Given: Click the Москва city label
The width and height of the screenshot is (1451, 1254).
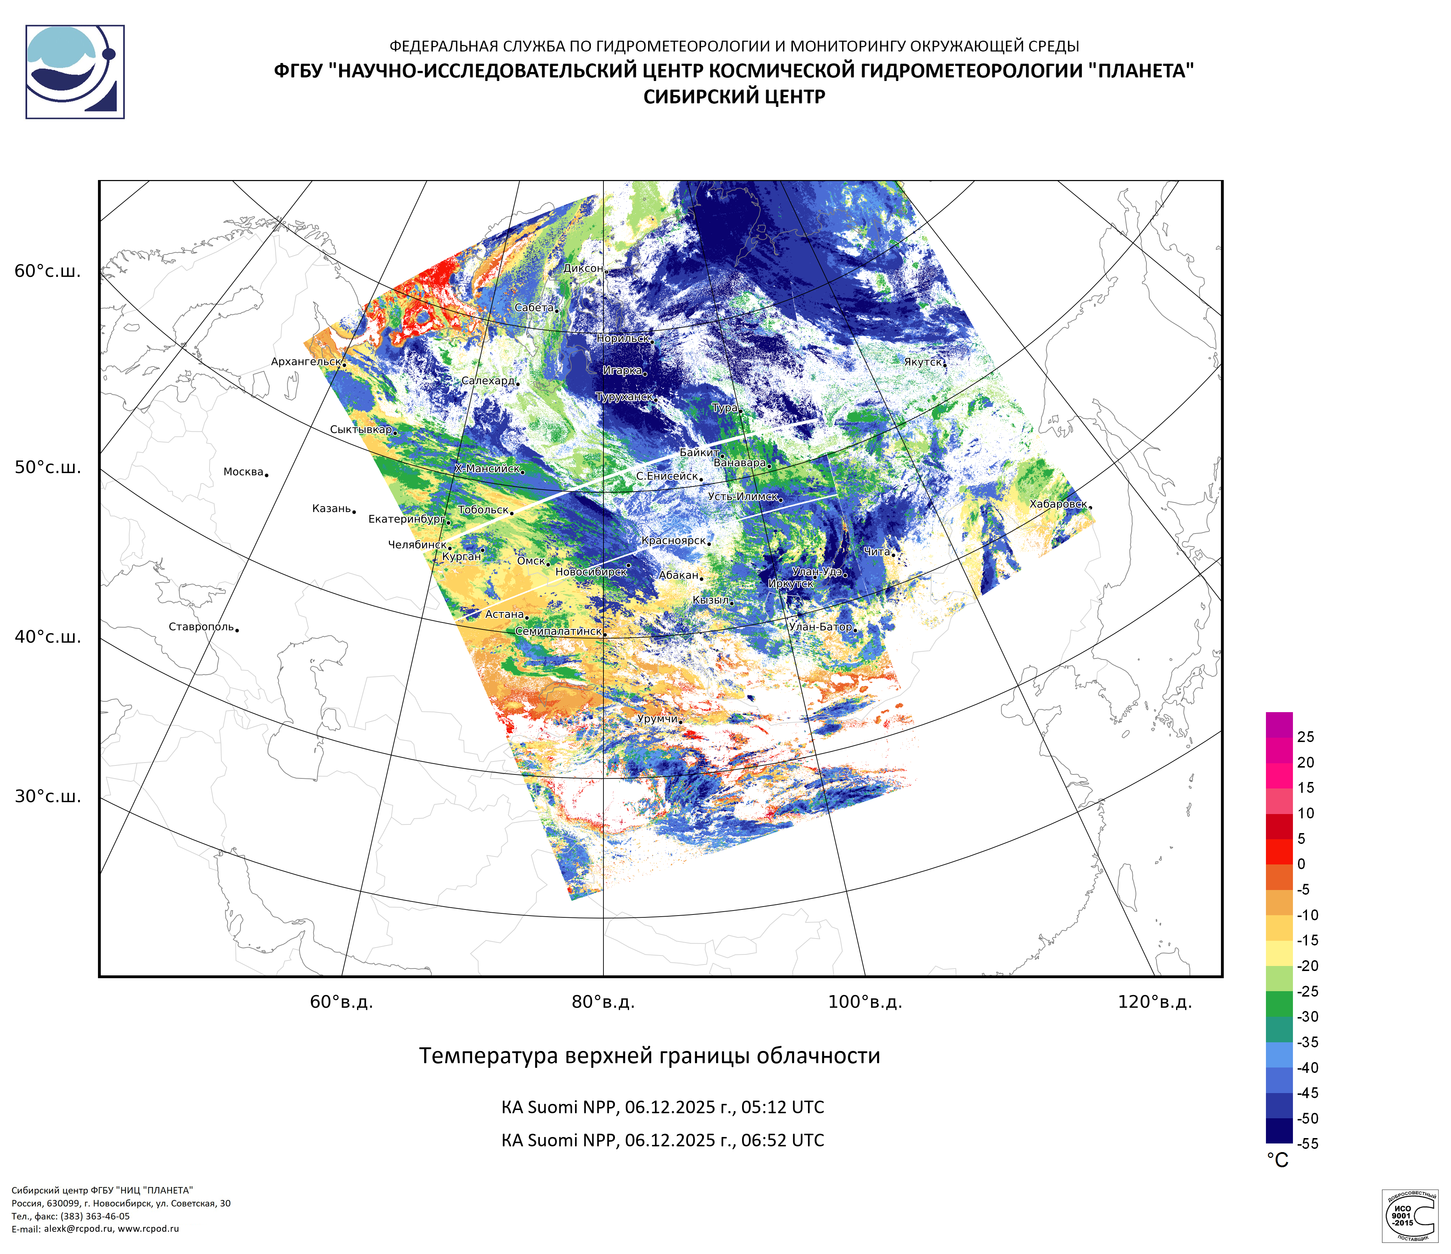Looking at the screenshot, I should pos(243,472).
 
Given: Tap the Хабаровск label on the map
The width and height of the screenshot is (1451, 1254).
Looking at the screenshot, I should pos(1057,504).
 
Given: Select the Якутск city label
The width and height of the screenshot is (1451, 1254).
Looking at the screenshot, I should pos(922,362).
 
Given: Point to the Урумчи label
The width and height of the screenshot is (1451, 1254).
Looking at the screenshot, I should pos(657,719).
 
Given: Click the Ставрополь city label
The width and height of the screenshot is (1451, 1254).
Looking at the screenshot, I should pos(201,627).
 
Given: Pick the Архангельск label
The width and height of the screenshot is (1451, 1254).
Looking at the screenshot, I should pos(305,362).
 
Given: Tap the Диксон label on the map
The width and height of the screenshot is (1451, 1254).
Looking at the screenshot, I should pos(583,268).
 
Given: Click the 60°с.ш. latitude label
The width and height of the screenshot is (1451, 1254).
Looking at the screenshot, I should pos(48,272).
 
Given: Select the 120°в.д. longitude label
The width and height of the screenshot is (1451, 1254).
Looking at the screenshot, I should pos(1155,1002).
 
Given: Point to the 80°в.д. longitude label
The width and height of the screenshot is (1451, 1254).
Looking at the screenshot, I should pos(603,1002).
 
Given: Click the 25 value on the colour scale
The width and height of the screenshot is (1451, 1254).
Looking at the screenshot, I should pos(1305,737).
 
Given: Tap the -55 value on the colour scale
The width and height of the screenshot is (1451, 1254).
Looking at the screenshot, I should pos(1307,1143).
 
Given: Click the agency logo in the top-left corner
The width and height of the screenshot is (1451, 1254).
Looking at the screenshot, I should pos(75,72).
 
